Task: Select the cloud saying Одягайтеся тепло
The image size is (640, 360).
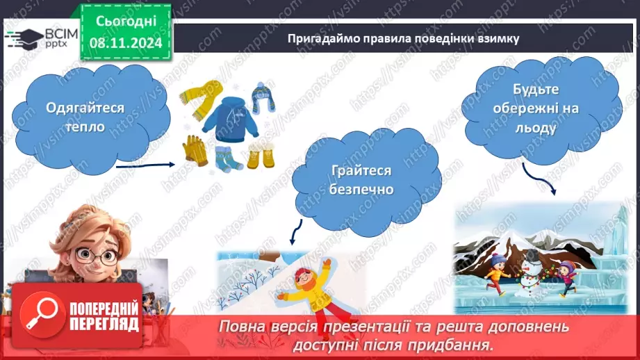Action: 85,117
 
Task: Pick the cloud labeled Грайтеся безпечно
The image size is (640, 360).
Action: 361,179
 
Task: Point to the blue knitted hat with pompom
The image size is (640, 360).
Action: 262,98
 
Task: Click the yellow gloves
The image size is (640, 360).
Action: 194,150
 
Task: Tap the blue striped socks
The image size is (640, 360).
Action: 227,158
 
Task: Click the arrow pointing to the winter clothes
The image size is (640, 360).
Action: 153,165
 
